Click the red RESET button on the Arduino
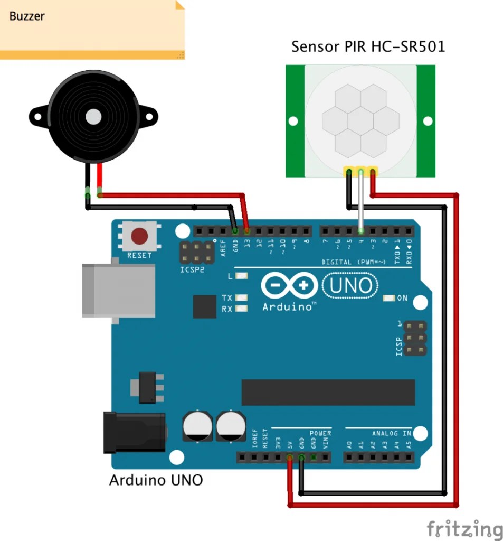(139, 236)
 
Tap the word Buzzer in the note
(27, 16)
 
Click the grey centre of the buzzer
(93, 116)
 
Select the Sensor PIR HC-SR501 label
(368, 47)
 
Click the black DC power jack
(135, 433)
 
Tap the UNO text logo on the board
(350, 286)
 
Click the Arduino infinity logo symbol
(289, 286)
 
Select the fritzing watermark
(464, 529)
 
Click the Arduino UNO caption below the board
(156, 480)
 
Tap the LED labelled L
(242, 276)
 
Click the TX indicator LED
(242, 299)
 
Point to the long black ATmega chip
(328, 392)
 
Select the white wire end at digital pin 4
(361, 230)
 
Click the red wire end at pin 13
(247, 231)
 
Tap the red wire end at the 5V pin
(290, 457)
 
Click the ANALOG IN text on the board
(391, 433)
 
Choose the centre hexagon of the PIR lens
(360, 120)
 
